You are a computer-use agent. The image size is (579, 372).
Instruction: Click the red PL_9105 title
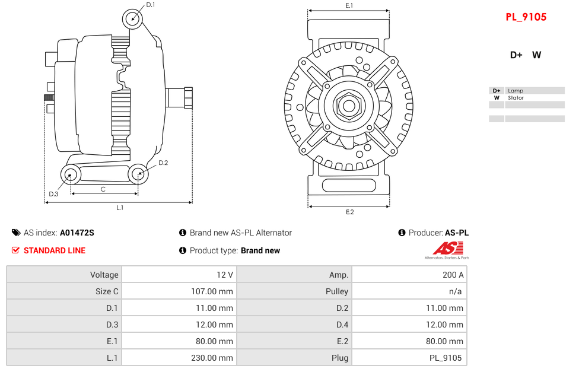point(526,17)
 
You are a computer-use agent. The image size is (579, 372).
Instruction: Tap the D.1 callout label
point(151,5)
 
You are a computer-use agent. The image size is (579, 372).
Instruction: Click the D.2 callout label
point(163,163)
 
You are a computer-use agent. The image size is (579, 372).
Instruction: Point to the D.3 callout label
point(53,194)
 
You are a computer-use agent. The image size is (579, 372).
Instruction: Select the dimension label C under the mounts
point(103,189)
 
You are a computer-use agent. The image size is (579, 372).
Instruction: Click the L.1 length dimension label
point(120,208)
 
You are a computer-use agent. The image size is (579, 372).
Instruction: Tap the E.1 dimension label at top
point(349,5)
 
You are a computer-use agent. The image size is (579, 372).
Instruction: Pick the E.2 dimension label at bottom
point(349,212)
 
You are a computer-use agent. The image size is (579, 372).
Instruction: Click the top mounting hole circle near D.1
point(133,18)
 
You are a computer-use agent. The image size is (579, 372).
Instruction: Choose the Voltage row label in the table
point(104,275)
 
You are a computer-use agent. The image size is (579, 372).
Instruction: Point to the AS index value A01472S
point(77,233)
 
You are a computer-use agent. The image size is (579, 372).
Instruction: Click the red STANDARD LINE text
point(54,250)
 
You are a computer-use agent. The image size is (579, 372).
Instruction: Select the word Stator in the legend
point(516,98)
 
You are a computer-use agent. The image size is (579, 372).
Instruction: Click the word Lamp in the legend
point(515,91)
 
